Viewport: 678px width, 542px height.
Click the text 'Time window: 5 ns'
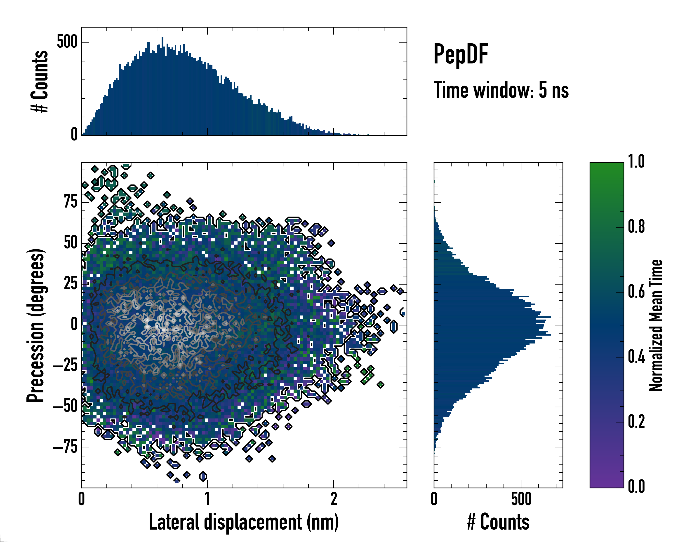click(x=501, y=90)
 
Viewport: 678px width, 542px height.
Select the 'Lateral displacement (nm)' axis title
click(x=244, y=522)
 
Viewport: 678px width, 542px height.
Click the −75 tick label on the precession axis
click(x=65, y=447)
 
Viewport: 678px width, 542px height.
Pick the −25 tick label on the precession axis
click(x=65, y=365)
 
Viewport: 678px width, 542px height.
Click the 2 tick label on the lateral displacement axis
click(x=334, y=499)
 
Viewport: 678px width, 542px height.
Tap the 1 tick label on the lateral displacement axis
click(x=207, y=499)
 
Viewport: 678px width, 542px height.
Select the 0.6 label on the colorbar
click(x=636, y=292)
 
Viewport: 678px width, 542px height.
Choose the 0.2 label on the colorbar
click(x=636, y=422)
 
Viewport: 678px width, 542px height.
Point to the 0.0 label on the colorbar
click(x=636, y=486)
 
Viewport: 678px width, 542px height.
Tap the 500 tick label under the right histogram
click(x=521, y=499)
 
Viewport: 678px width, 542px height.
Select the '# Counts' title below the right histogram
click(x=498, y=522)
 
